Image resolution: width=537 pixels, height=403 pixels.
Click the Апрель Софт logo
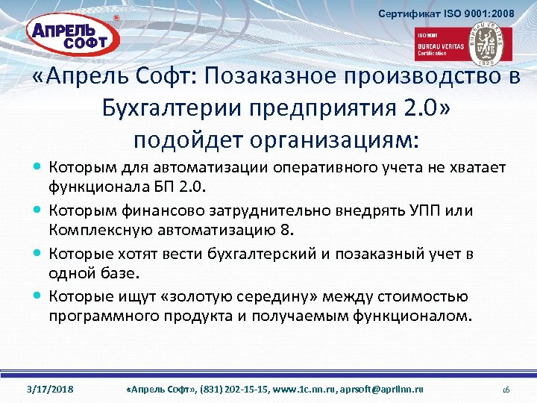pos(69,36)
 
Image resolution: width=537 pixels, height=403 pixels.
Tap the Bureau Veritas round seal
pos(489,43)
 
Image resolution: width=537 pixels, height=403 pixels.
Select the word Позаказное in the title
pos(275,79)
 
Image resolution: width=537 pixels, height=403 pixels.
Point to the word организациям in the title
pos(339,140)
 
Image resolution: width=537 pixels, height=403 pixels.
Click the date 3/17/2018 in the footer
pos(48,390)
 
